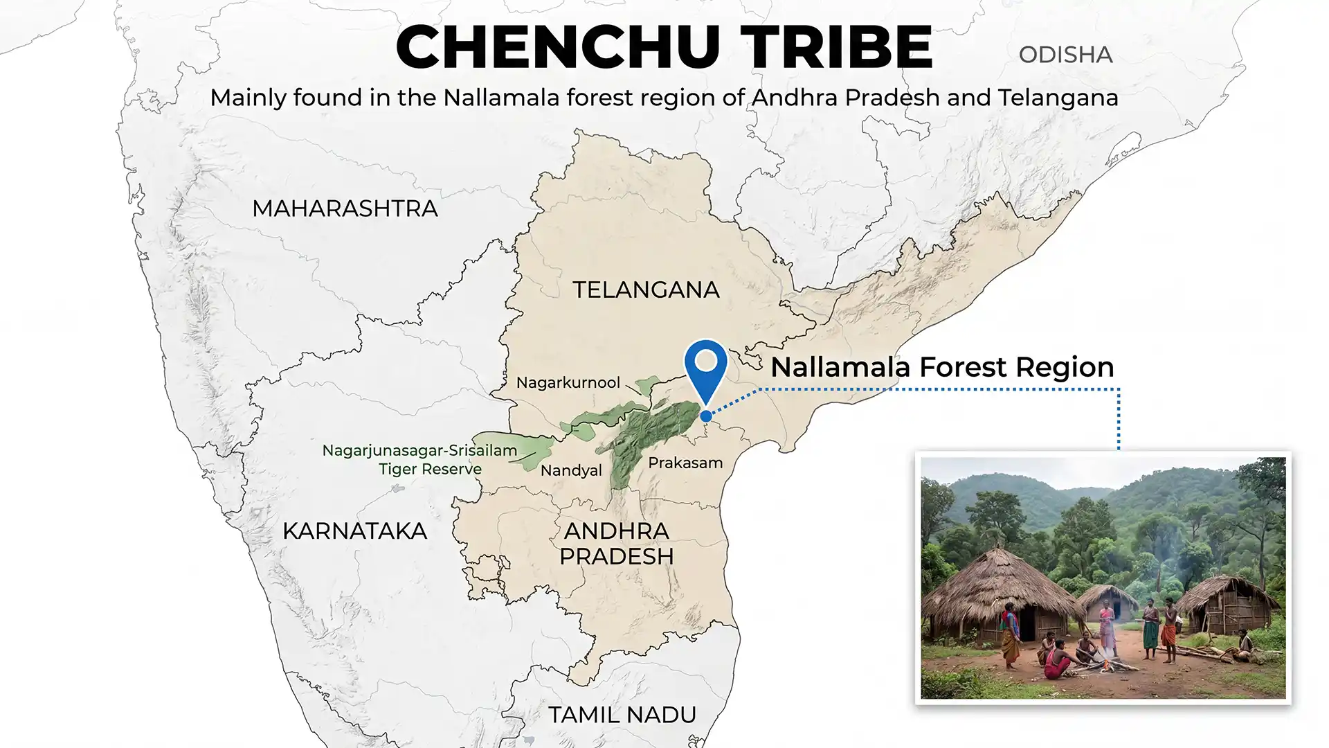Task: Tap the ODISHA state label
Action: click(x=1065, y=55)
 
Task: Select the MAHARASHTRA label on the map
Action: click(x=345, y=208)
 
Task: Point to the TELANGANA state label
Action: click(x=646, y=290)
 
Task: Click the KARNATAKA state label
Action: click(x=354, y=531)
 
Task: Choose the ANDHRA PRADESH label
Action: click(x=616, y=544)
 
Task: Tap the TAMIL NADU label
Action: click(x=622, y=715)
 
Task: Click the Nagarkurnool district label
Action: click(x=568, y=383)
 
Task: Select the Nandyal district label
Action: click(x=571, y=471)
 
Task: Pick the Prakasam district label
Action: click(x=685, y=463)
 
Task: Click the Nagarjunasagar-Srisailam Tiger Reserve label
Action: click(x=419, y=459)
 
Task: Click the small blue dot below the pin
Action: click(x=705, y=416)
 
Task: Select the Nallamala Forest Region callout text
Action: click(x=942, y=367)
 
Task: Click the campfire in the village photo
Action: click(x=1108, y=665)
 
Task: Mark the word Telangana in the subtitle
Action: click(x=1058, y=98)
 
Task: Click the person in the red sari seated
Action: click(x=1057, y=661)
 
